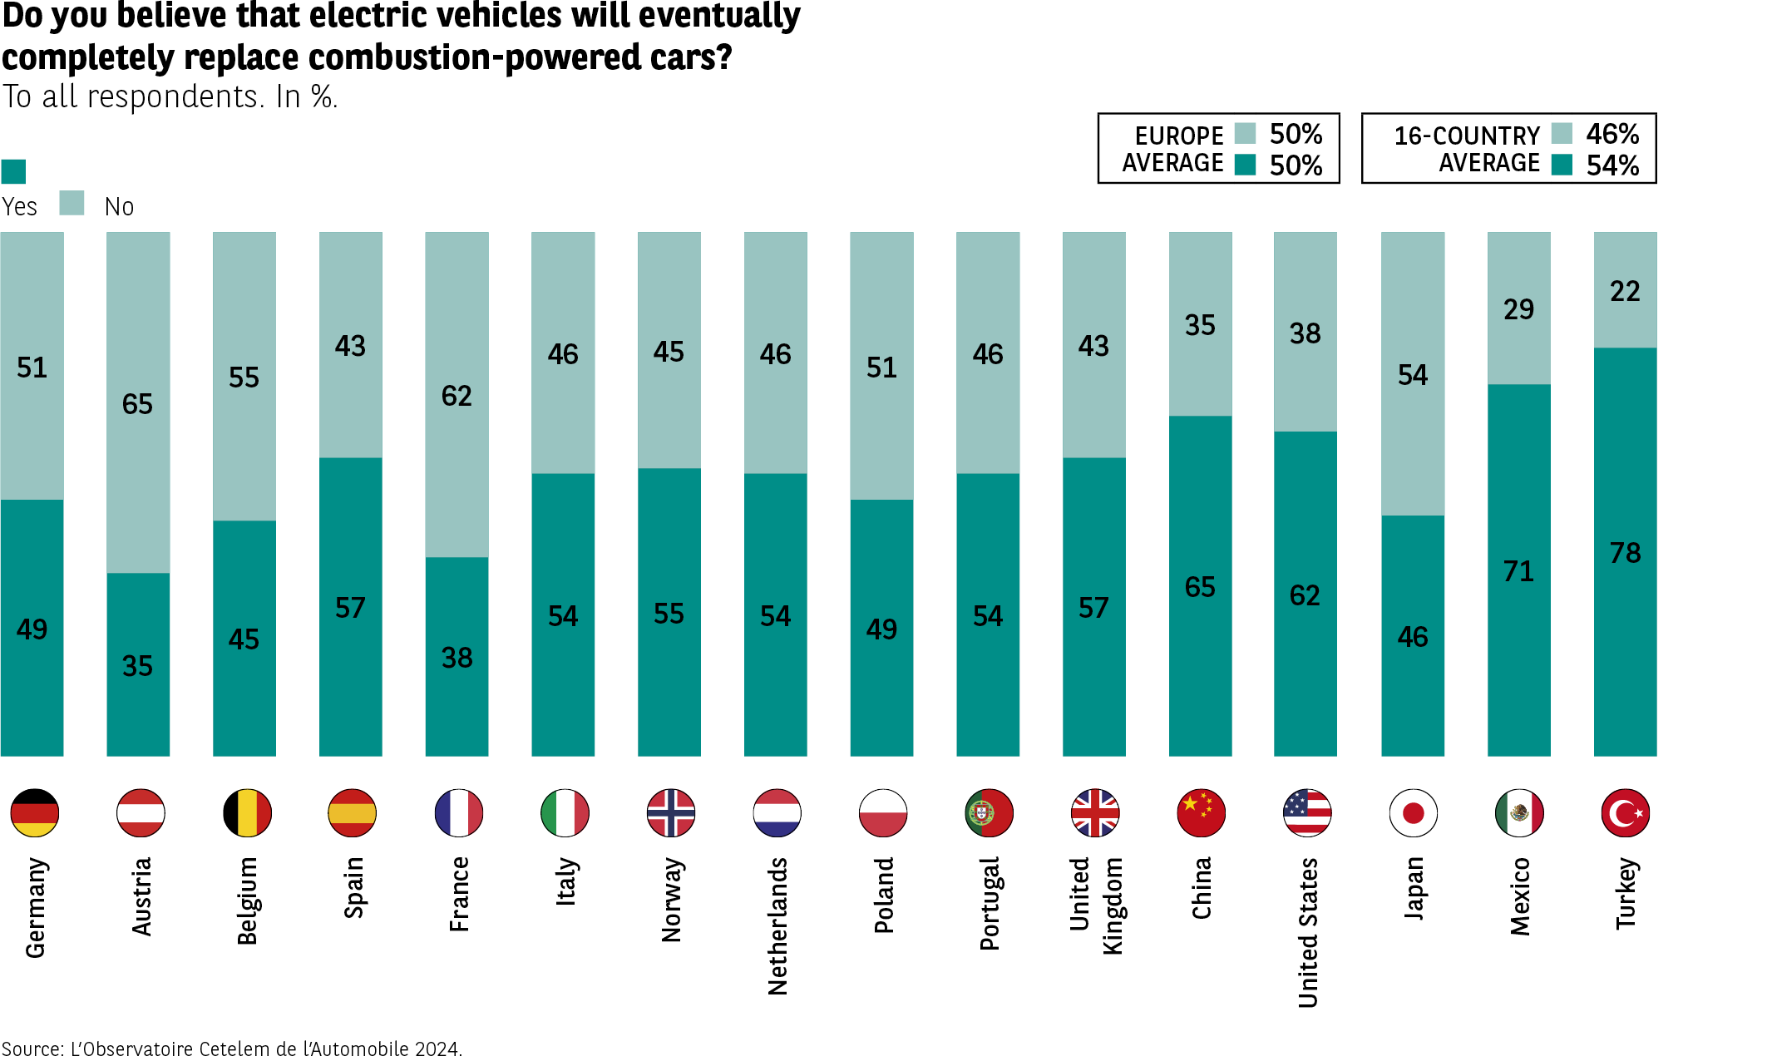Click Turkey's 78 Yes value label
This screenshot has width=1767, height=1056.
(x=1625, y=553)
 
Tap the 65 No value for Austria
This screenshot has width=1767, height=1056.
(x=137, y=404)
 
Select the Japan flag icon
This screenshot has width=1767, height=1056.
(x=1413, y=812)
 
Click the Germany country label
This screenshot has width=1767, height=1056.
(x=35, y=907)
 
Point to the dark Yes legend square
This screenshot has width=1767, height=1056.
(x=14, y=171)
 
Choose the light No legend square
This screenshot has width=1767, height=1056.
(x=72, y=203)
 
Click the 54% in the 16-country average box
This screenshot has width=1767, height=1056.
(x=1612, y=165)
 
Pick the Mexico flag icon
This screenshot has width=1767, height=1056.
(x=1519, y=812)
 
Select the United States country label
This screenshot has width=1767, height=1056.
(x=1307, y=932)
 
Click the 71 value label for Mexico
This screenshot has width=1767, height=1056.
(x=1518, y=571)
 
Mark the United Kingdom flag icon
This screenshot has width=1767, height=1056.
(x=1094, y=812)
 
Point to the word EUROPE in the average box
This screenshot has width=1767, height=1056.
(x=1179, y=136)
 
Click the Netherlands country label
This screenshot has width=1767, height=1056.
(x=777, y=925)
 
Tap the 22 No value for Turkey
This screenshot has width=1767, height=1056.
(x=1625, y=291)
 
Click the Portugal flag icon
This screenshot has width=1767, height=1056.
(x=989, y=812)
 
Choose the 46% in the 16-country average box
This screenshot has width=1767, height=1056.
(x=1612, y=134)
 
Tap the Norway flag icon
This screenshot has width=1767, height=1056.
(x=670, y=812)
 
